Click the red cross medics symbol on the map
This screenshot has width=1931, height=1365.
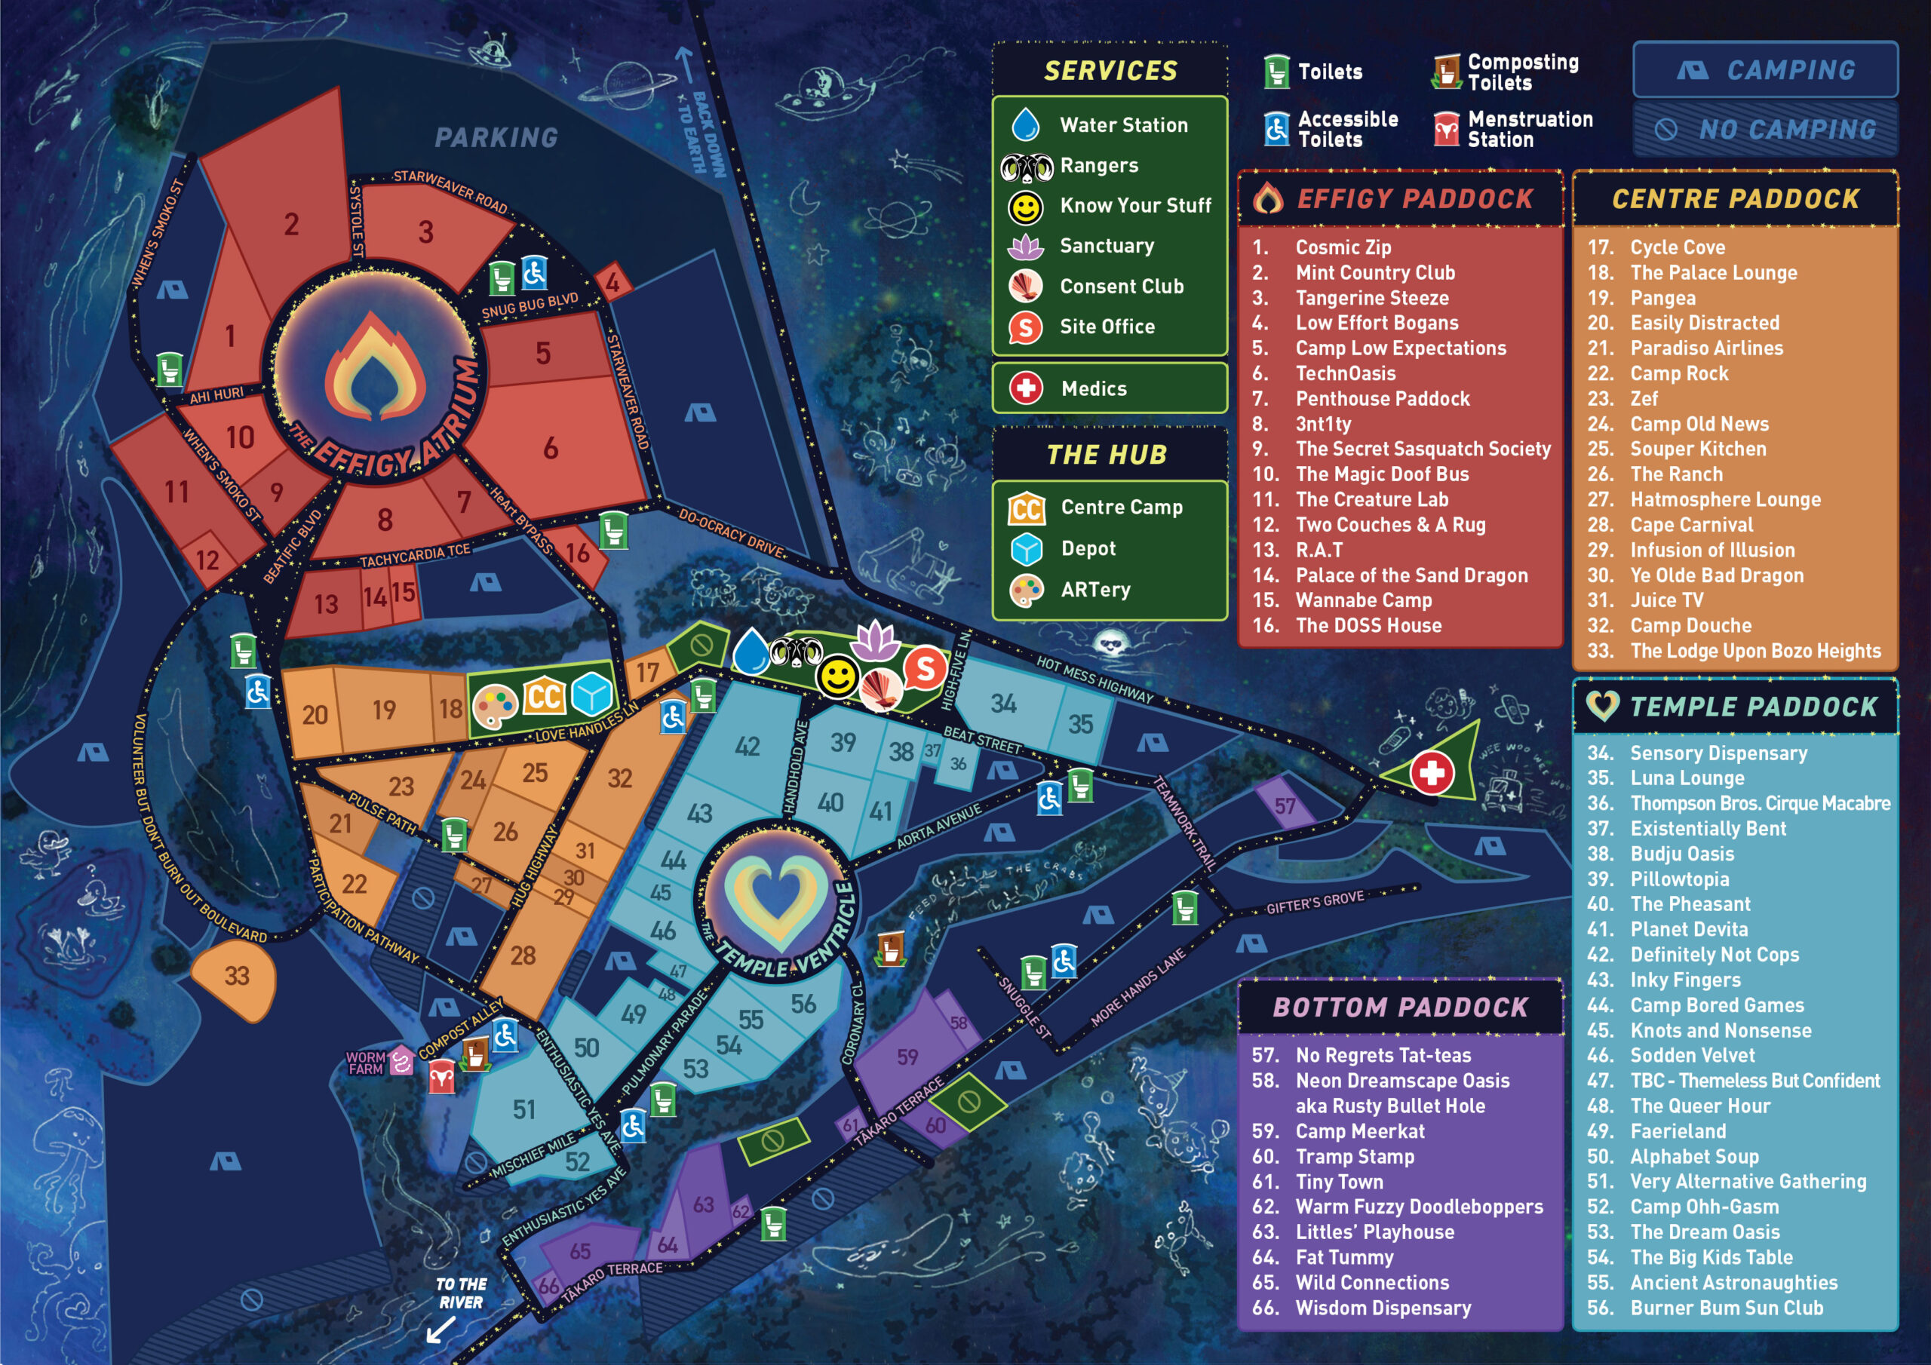tap(1432, 772)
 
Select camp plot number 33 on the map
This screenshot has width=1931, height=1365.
tap(235, 976)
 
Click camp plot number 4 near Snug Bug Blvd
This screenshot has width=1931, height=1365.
tap(612, 283)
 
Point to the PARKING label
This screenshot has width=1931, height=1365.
tap(496, 138)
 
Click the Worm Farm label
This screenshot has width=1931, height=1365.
tap(366, 1063)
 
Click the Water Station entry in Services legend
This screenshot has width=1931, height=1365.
tap(1123, 125)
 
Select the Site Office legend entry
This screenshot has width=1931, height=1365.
tap(1106, 327)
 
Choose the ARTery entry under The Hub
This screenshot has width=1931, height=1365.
tap(1095, 590)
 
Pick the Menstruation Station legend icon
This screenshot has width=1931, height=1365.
tap(1446, 130)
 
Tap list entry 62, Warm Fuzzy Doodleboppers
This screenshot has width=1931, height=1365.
tap(1418, 1207)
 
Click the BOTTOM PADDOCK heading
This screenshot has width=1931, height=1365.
tap(1400, 1008)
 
